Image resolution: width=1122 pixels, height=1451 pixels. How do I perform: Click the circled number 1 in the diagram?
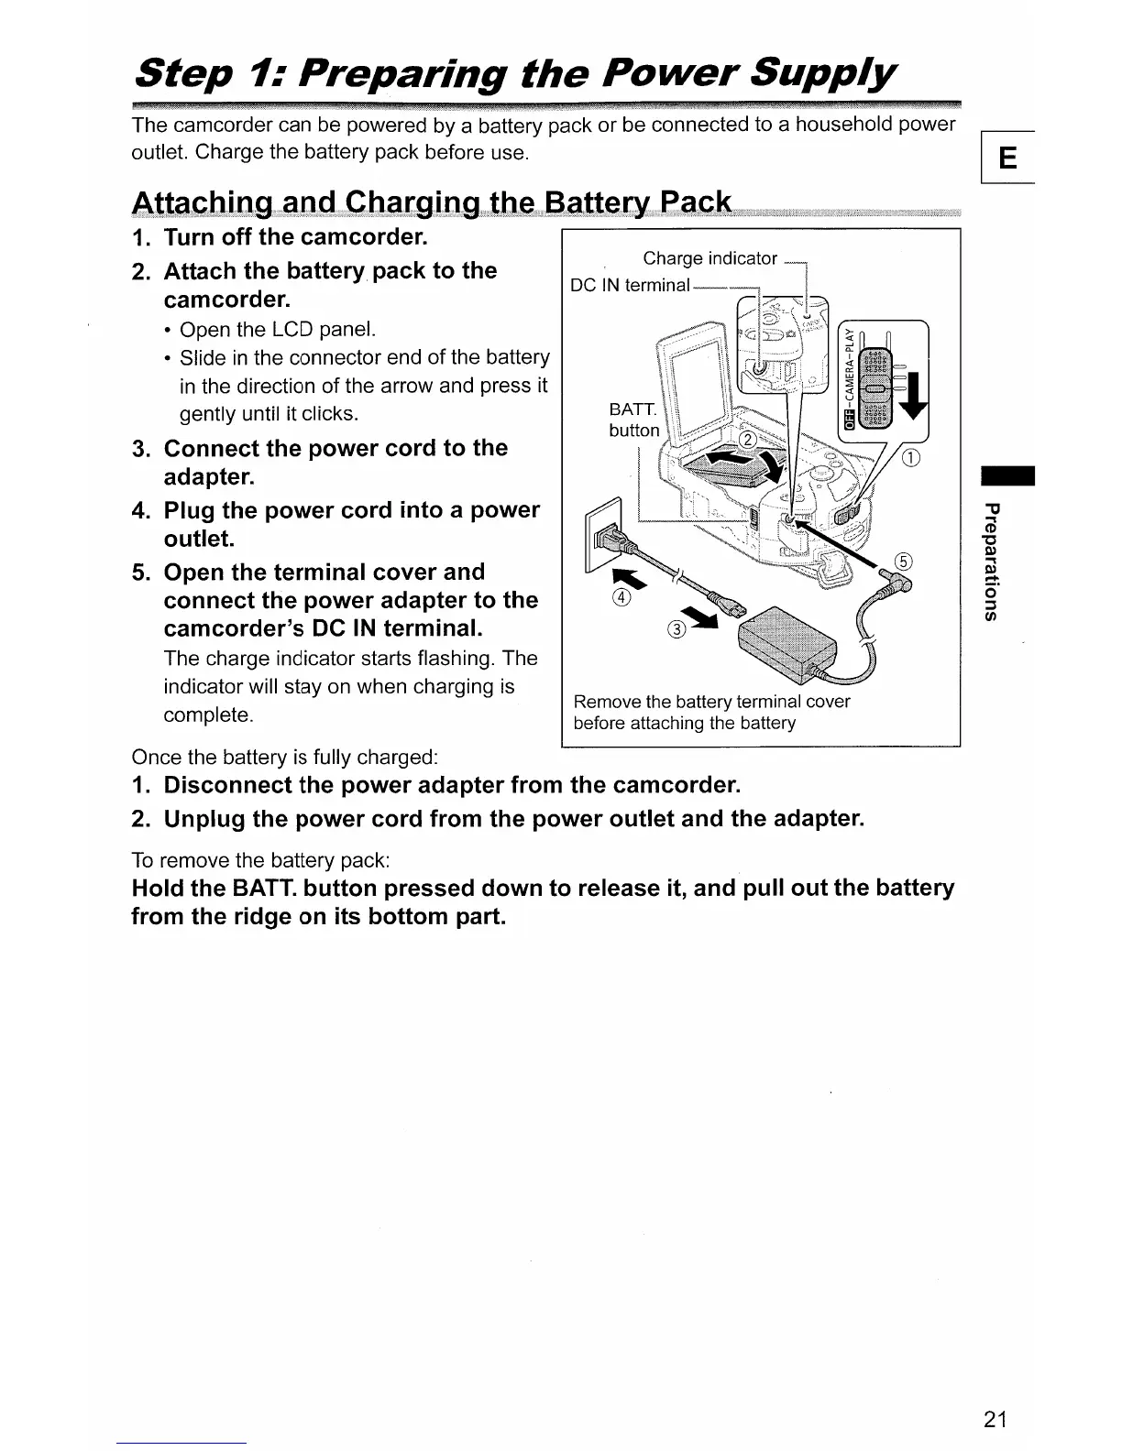[x=911, y=459]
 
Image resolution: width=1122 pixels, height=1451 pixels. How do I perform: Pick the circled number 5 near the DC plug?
[x=903, y=562]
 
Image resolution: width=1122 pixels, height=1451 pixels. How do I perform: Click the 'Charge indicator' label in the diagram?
[x=709, y=258]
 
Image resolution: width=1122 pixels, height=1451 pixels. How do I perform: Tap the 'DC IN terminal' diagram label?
[x=630, y=285]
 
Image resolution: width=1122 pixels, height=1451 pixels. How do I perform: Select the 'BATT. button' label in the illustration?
[x=633, y=420]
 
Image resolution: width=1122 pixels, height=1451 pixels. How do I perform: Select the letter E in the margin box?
[x=1006, y=158]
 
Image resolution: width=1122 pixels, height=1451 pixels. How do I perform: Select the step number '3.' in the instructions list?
[x=140, y=449]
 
